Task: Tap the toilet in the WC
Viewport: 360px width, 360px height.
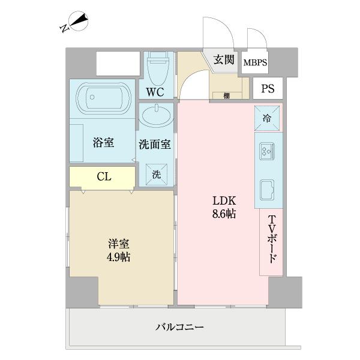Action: click(x=159, y=69)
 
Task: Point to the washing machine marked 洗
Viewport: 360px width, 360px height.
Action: click(x=156, y=175)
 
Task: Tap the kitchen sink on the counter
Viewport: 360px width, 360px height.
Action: click(x=267, y=191)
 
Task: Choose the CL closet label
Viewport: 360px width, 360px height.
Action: click(x=103, y=176)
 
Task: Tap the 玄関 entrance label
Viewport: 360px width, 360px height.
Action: click(x=224, y=59)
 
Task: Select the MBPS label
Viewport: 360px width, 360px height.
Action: click(x=255, y=62)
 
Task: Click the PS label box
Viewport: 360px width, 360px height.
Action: click(x=268, y=89)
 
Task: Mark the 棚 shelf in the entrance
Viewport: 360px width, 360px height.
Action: click(x=227, y=95)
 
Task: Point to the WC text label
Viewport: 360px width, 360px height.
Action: click(x=155, y=92)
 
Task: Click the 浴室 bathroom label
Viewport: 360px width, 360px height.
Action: click(x=104, y=143)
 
